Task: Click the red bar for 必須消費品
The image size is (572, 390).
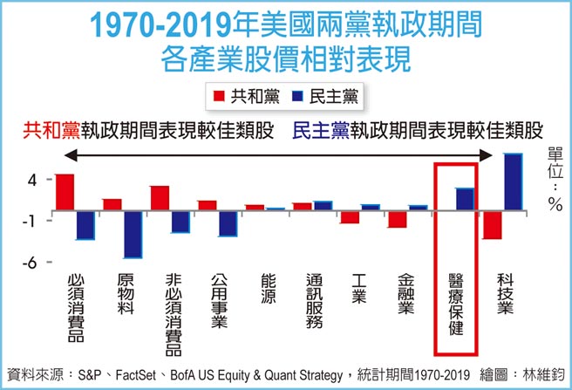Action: point(65,192)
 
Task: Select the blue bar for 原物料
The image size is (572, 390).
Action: point(133,234)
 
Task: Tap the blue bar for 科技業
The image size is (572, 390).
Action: point(513,181)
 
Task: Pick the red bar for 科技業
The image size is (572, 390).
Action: point(493,224)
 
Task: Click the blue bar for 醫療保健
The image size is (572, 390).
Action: point(465,199)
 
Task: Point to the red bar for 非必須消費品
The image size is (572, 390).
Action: point(160,198)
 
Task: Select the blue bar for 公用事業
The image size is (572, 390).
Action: point(228,223)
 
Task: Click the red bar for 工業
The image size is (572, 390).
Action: point(351,216)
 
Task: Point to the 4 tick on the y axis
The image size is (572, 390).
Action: point(31,180)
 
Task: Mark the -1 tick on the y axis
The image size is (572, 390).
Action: point(28,221)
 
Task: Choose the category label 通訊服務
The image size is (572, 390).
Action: point(316,302)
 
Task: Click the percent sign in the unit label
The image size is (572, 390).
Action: point(555,205)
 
